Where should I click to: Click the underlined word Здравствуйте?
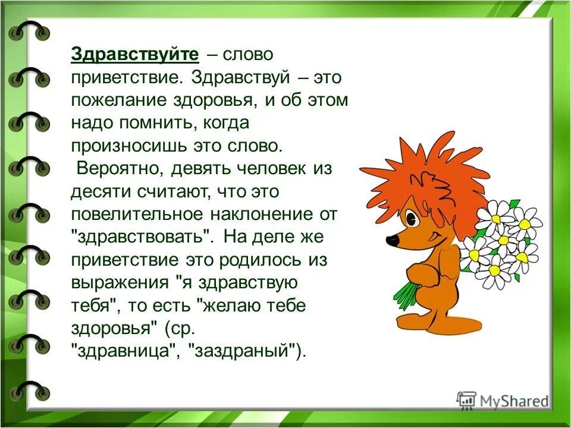134,55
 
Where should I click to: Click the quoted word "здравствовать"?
142,237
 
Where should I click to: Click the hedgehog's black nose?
392,240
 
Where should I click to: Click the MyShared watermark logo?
503,400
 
